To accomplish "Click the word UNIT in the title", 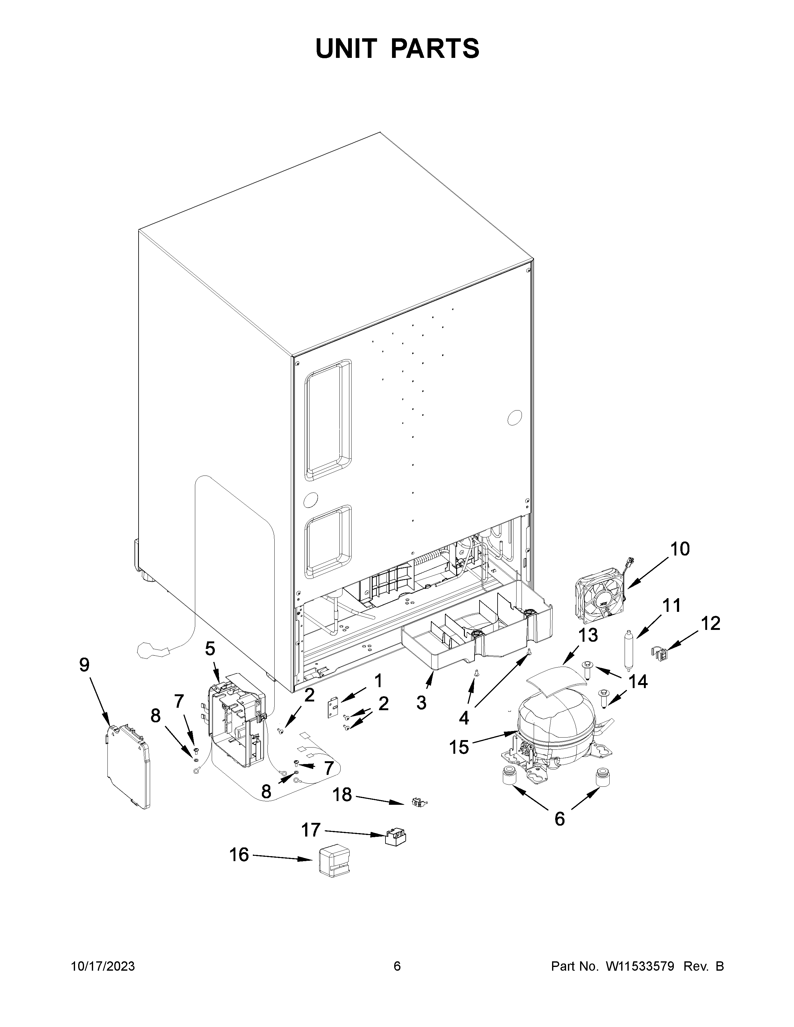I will tap(347, 49).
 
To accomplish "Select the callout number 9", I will tap(84, 665).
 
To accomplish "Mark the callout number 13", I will tap(588, 635).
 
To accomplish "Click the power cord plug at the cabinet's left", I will tap(150, 651).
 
